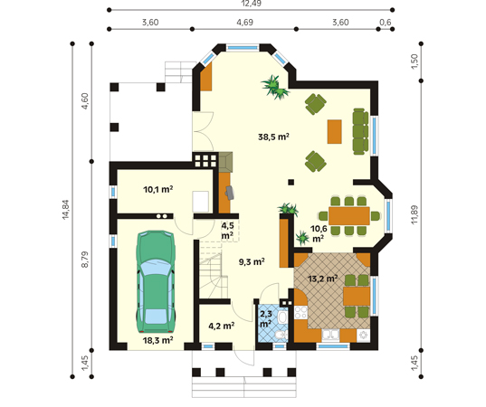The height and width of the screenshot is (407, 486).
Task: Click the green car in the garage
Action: [x=156, y=281]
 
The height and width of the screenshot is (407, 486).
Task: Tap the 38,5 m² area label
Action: [x=273, y=137]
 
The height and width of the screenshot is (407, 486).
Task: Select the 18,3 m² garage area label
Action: [x=157, y=340]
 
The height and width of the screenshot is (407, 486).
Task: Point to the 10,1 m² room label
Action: [x=158, y=189]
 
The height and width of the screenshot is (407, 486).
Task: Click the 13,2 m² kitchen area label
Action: [x=323, y=279]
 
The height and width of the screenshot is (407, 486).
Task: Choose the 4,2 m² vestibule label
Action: [x=222, y=326]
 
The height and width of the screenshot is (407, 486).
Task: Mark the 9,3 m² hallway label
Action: [x=252, y=262]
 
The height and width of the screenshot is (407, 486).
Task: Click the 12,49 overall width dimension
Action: [x=251, y=4]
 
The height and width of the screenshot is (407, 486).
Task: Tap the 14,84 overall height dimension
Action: [x=66, y=210]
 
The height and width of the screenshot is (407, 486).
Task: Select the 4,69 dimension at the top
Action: [x=245, y=23]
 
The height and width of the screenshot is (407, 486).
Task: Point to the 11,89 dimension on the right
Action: [x=415, y=214]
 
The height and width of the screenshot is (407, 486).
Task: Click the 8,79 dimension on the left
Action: [x=84, y=260]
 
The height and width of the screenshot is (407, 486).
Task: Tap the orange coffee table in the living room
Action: [x=335, y=132]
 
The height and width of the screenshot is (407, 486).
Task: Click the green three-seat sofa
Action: [x=360, y=131]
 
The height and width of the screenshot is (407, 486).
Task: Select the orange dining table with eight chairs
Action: [x=349, y=216]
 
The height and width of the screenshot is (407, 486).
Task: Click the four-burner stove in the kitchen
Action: [x=300, y=312]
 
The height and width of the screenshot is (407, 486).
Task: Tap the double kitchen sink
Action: [x=330, y=336]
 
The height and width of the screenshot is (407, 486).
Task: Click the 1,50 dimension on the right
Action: [x=415, y=62]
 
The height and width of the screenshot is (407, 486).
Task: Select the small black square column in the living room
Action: [x=291, y=182]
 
